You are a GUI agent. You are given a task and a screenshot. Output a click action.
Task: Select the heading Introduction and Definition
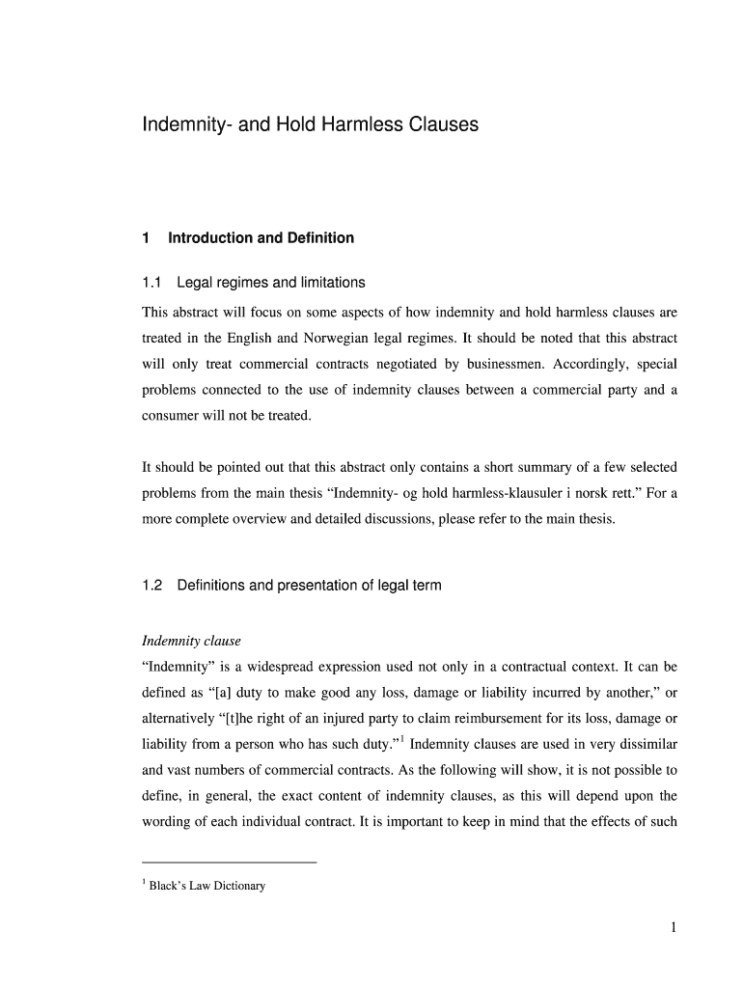[261, 237]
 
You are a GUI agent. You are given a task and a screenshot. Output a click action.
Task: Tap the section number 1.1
[151, 283]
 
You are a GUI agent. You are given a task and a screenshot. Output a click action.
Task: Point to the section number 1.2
[151, 586]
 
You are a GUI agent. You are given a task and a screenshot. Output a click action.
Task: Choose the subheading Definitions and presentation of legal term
[309, 586]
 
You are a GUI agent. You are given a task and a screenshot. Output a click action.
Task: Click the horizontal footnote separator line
[229, 862]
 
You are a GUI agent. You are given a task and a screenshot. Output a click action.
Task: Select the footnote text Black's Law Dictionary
[206, 886]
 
